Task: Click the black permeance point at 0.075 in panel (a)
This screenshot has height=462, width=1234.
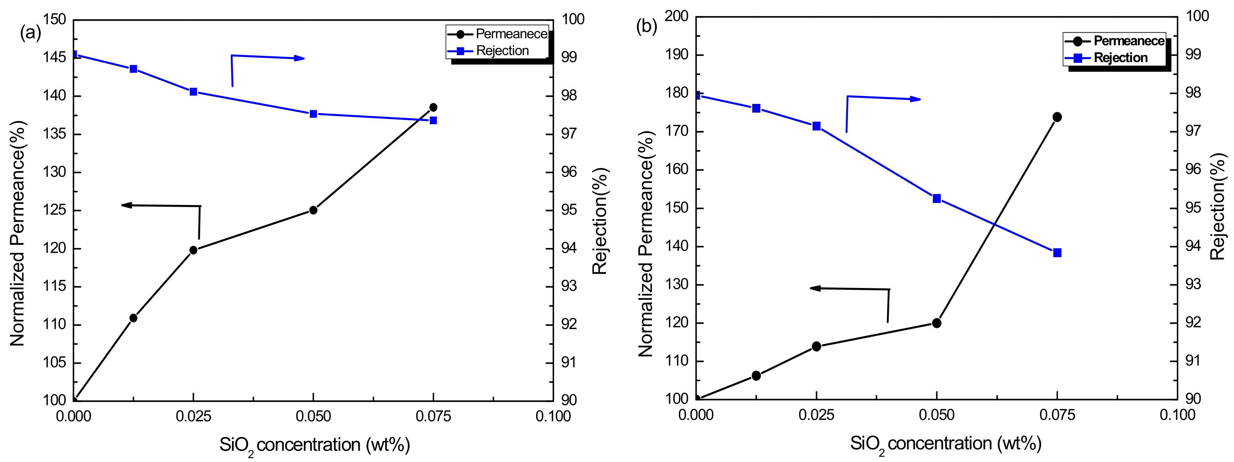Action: click(433, 107)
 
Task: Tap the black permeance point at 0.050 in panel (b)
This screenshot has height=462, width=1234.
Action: click(937, 323)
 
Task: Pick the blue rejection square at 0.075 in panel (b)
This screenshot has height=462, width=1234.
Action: click(1057, 253)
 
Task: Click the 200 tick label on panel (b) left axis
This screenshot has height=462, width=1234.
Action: click(676, 16)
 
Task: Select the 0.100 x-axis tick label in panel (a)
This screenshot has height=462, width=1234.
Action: click(553, 416)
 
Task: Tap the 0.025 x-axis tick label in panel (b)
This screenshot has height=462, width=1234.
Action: click(816, 415)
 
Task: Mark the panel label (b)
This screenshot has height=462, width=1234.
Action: click(646, 26)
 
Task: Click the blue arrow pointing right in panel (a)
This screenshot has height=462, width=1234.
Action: click(268, 58)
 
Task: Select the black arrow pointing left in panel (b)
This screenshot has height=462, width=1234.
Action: click(848, 289)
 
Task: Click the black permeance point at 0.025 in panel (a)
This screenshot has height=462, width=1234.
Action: click(194, 250)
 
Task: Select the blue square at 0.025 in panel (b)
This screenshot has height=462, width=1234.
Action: click(816, 126)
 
